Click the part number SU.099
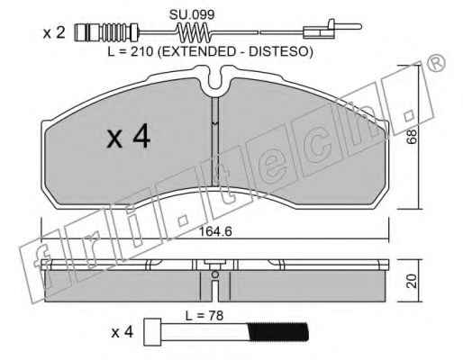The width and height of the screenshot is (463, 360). tap(192, 14)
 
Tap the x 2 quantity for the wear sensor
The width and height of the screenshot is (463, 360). tap(54, 32)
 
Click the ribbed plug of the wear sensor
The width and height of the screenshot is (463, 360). tap(106, 32)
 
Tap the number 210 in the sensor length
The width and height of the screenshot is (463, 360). tap(141, 52)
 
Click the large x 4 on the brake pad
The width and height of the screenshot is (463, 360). tap(129, 137)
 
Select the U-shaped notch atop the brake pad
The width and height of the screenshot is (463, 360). tap(215, 78)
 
